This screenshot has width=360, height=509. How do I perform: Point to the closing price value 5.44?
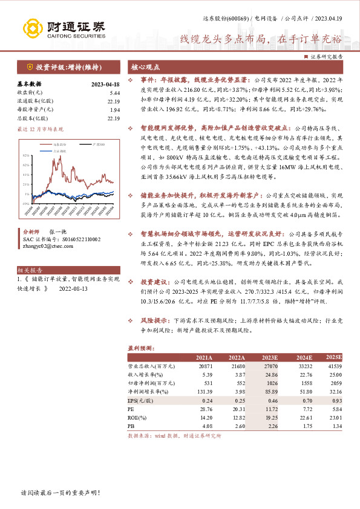(115, 92)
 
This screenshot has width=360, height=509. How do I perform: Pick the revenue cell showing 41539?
(335, 366)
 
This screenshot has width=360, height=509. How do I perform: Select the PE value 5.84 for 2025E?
(336, 409)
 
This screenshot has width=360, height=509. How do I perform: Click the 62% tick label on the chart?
(27, 156)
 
